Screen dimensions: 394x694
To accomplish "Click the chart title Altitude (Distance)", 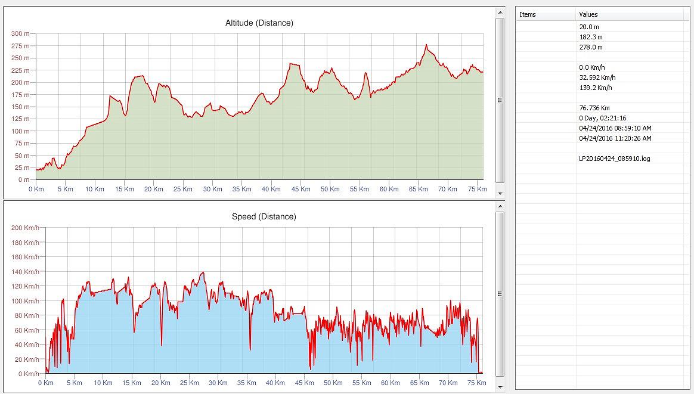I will tap(259, 23).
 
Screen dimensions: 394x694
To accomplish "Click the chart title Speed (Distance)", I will tap(264, 216).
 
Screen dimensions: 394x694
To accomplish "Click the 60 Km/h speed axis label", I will tap(27, 330).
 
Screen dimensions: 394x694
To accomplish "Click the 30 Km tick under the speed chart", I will tap(218, 383).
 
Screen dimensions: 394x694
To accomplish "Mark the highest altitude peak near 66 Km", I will tap(426, 45).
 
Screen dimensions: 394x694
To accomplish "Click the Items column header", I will tap(528, 14).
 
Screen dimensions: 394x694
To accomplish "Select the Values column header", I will tap(588, 14).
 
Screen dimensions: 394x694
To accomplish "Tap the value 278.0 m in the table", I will tap(590, 47).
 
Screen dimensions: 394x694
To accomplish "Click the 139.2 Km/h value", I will tap(595, 88).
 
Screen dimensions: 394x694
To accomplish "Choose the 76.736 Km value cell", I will tap(594, 108).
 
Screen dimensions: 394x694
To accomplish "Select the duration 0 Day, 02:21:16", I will tap(602, 118).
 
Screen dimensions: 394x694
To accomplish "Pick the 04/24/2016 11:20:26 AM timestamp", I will tap(615, 138).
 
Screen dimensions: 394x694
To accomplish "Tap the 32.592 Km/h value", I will tap(597, 77).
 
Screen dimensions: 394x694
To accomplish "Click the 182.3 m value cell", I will tap(590, 37).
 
